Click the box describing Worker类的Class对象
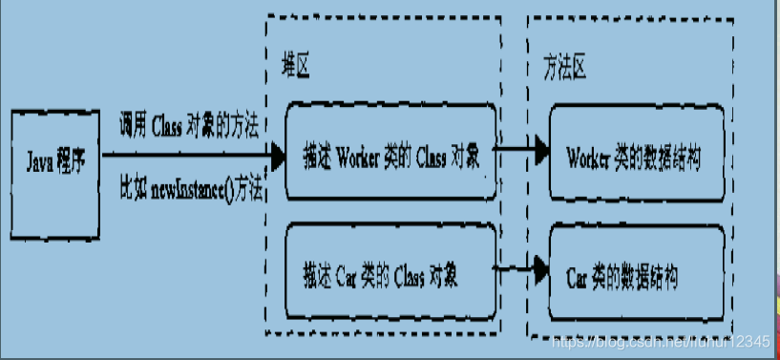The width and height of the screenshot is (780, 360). pyautogui.click(x=391, y=153)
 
